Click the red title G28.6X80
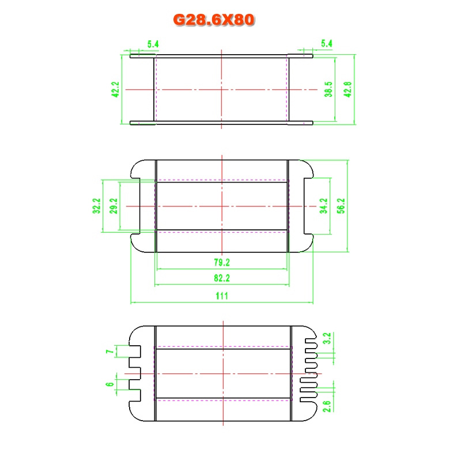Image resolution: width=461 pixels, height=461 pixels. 214,20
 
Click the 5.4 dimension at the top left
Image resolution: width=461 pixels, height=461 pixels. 153,44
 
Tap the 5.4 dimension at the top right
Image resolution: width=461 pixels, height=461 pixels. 327,44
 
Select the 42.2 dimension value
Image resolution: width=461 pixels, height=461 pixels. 116,89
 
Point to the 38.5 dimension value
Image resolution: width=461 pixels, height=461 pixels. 328,89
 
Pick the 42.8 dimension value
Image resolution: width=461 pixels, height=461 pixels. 347,89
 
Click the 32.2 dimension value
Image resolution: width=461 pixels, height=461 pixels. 97,206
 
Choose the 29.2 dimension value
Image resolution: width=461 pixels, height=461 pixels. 114,206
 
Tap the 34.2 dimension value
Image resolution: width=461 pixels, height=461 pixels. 324,206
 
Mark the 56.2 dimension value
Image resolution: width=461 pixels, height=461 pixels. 341,206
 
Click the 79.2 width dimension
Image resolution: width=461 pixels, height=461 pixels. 222,262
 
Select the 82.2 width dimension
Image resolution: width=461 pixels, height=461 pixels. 222,278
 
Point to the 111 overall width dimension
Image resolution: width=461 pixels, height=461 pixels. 222,296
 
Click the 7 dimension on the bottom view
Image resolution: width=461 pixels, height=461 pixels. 110,352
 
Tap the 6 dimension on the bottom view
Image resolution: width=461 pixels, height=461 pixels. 109,384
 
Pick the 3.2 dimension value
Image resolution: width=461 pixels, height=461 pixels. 327,338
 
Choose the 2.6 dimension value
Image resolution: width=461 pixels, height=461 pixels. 327,406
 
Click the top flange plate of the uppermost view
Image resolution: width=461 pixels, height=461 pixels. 221,56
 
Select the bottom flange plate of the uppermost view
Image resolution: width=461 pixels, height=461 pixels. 221,123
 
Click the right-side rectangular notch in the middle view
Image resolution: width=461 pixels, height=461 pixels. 308,206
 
